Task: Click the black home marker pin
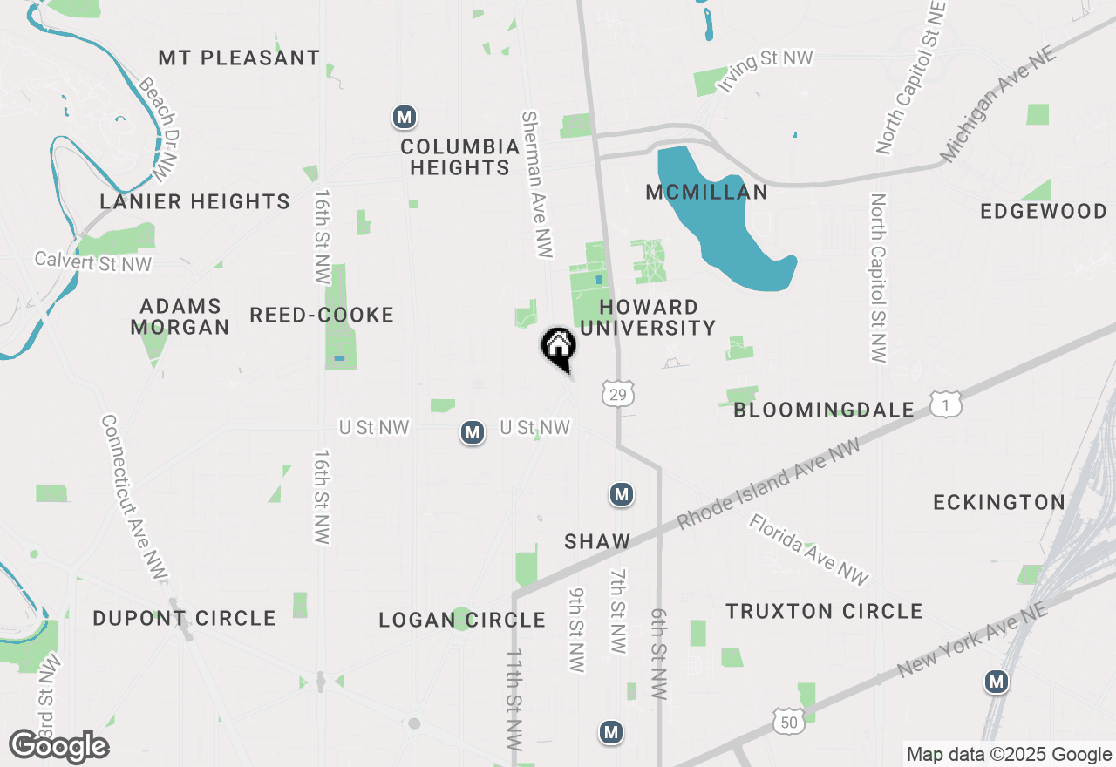(x=559, y=347)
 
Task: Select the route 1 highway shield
(x=946, y=404)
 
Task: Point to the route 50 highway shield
(x=788, y=720)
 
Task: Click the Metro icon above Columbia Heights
(x=403, y=116)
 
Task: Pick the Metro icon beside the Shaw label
(x=621, y=495)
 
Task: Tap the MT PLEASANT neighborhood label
(x=239, y=58)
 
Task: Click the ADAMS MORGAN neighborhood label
(x=180, y=317)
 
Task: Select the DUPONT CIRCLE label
(x=184, y=619)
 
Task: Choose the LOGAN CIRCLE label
(x=461, y=621)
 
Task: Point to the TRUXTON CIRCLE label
(x=824, y=612)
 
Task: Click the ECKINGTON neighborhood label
(x=999, y=503)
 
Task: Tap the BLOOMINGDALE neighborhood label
(x=824, y=410)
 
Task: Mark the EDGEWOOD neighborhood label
(x=1044, y=212)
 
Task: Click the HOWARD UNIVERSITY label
(x=648, y=318)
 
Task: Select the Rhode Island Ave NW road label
(x=768, y=483)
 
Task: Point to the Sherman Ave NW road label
(x=536, y=184)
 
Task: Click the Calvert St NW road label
(x=93, y=261)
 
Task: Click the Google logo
(x=59, y=747)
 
